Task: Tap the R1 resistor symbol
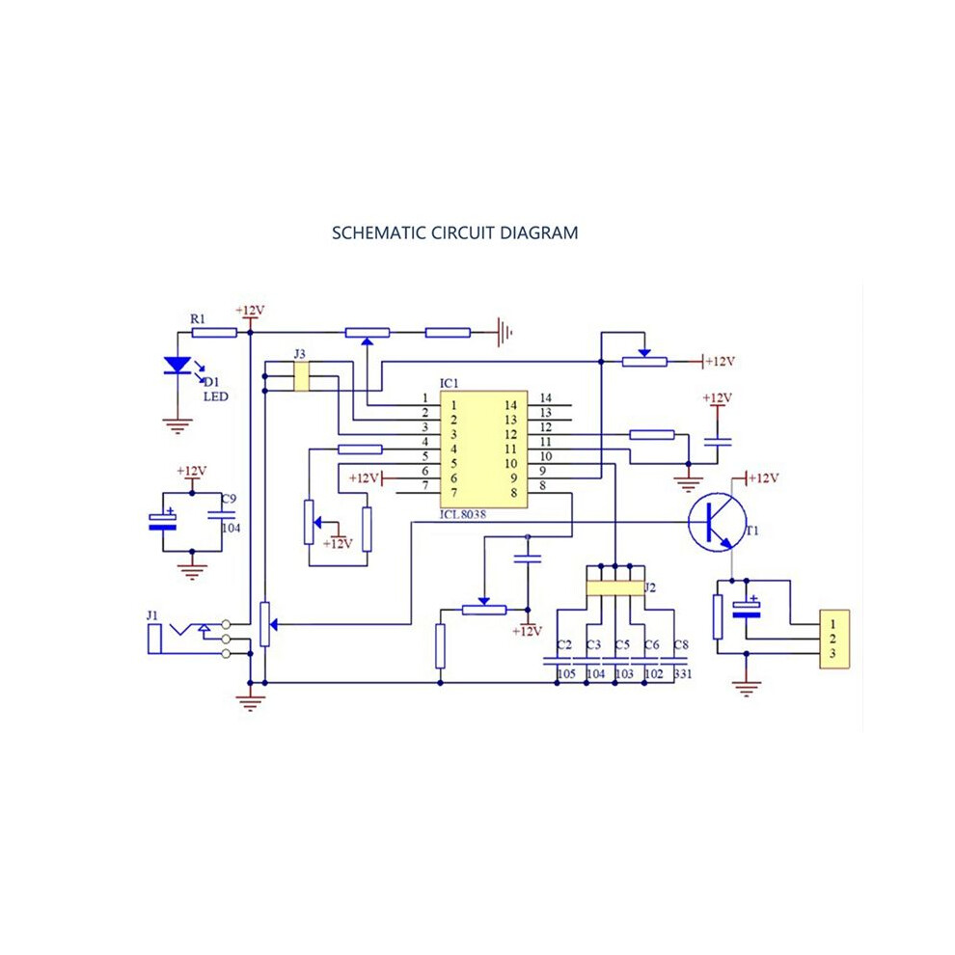pos(214,333)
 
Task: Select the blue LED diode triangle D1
pos(177,365)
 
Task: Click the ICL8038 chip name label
pos(463,515)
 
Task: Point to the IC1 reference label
pos(449,383)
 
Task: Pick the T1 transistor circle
pos(718,523)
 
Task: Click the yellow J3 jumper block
pos(302,376)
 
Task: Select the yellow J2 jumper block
pos(615,587)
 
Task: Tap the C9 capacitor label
pos(229,499)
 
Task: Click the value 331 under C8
pos(683,673)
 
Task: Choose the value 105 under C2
pos(566,673)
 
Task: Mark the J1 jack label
pos(152,615)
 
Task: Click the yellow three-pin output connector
pos(834,640)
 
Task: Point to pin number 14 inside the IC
pos(510,405)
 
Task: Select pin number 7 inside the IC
pos(453,493)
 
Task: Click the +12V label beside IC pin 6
pos(365,478)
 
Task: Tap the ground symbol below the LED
pos(177,425)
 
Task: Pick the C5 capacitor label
pos(622,644)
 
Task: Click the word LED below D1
pos(216,396)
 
